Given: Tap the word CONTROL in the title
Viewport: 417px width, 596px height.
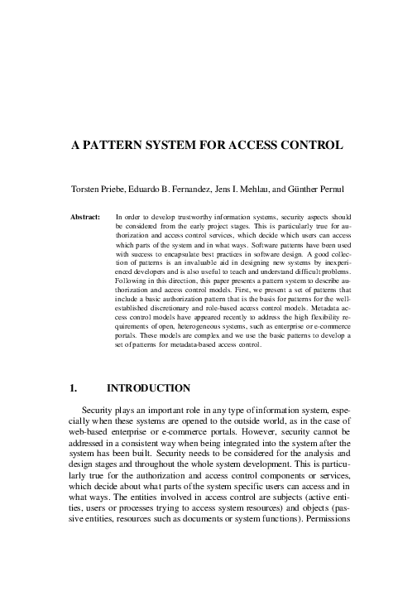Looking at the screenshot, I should [309, 146].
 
